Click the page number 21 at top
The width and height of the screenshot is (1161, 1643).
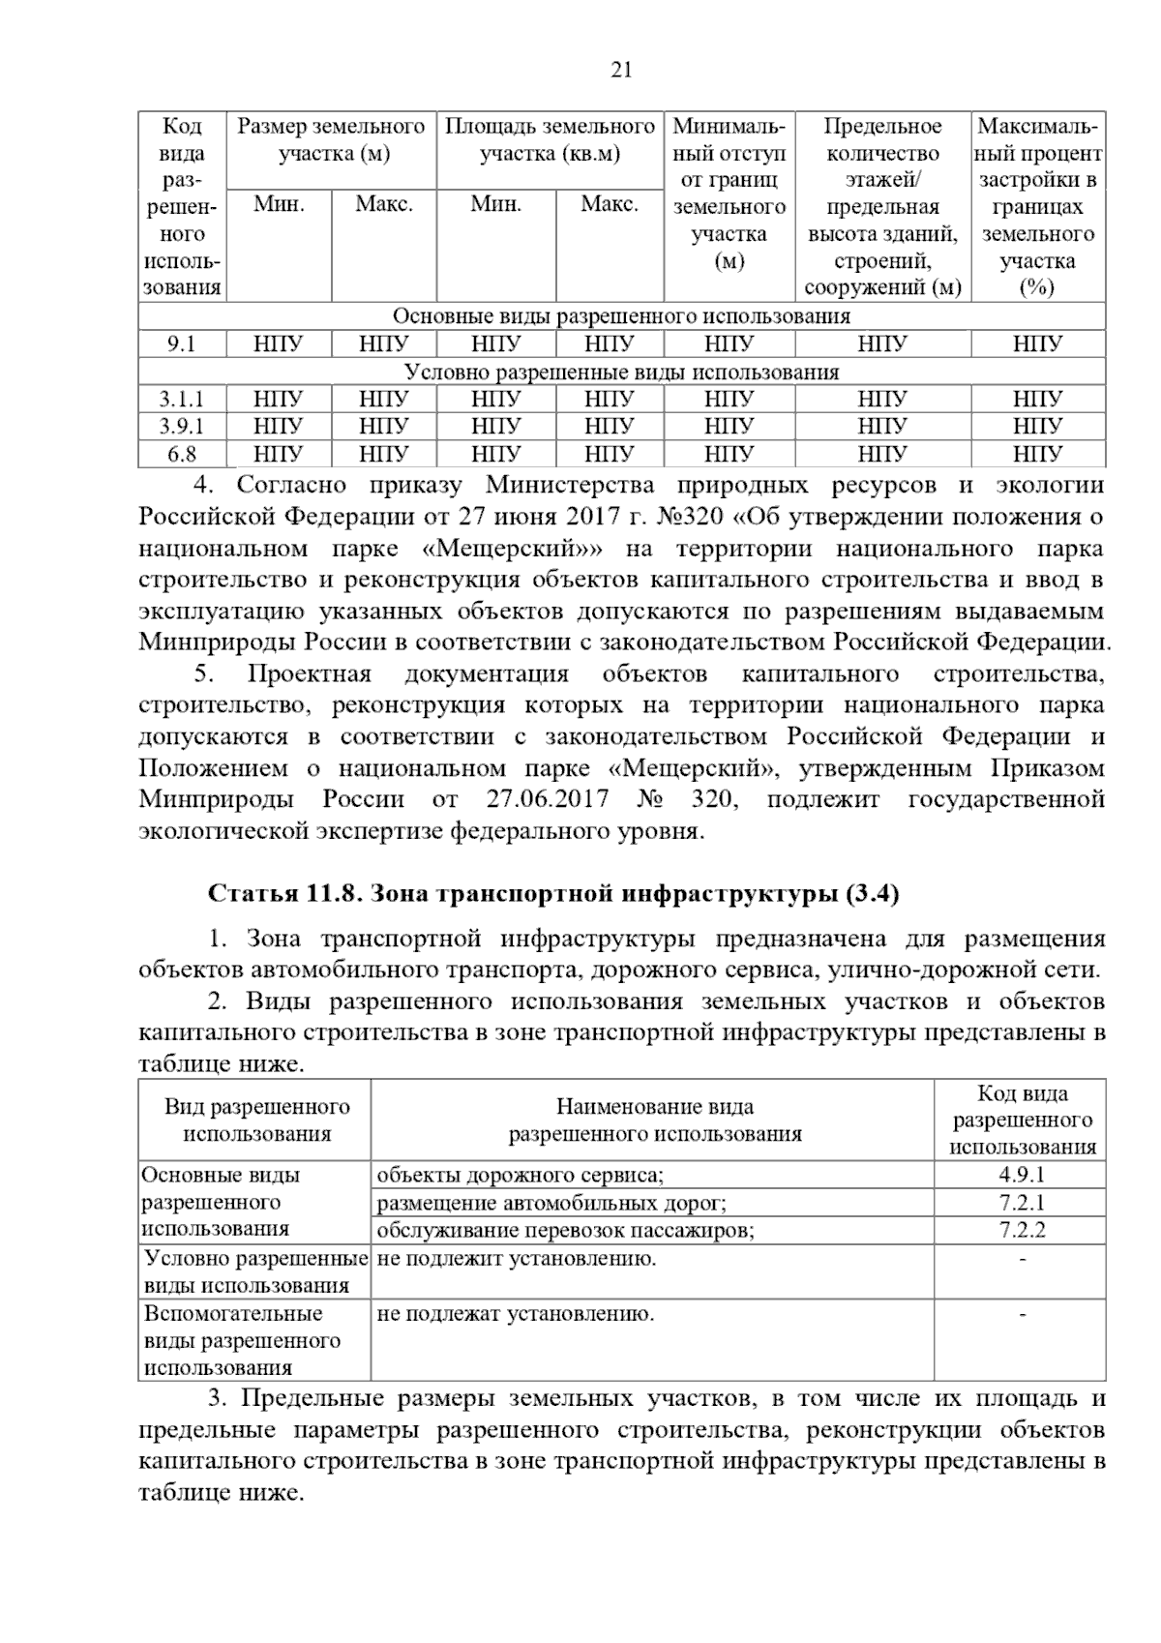point(621,69)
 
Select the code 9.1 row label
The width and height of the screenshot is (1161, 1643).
point(182,344)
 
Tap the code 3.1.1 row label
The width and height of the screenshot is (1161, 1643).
point(182,399)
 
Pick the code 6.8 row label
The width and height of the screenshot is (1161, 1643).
point(182,454)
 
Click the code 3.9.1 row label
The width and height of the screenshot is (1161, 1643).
point(182,426)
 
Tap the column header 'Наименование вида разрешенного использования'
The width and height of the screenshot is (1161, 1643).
point(654,1120)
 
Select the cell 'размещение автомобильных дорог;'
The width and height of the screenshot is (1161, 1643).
point(551,1203)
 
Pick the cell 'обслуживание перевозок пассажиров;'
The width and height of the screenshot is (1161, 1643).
point(565,1230)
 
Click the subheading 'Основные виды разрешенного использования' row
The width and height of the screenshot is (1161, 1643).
point(621,316)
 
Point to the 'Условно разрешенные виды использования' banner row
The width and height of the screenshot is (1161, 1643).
point(621,372)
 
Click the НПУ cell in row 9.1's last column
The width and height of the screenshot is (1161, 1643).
point(1037,344)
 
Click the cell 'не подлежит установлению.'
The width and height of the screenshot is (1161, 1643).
point(517,1258)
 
